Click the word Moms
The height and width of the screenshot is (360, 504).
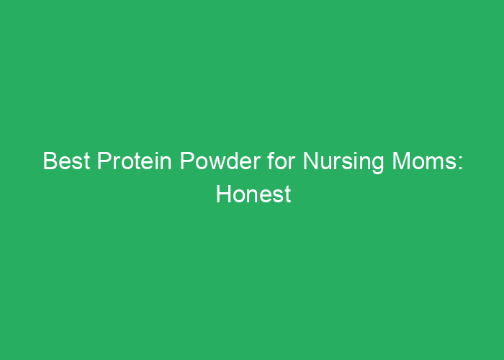(420, 161)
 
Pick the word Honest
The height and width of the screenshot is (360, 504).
(253, 194)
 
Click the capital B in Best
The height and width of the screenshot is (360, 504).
(49, 161)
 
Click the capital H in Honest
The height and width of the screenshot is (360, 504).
(222, 194)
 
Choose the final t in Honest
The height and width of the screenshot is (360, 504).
(288, 194)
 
